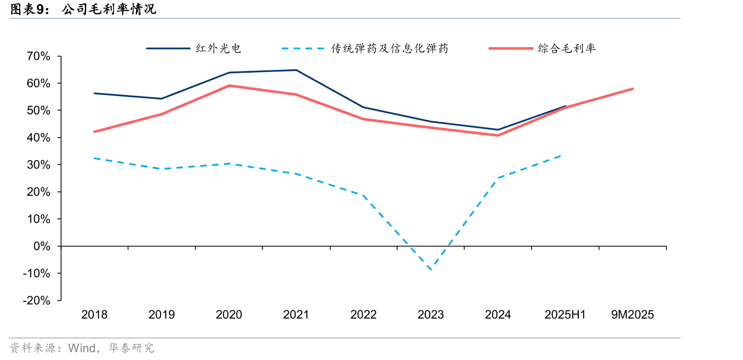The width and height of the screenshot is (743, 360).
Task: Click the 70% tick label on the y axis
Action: tap(38, 56)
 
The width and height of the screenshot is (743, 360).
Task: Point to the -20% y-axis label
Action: tap(36, 300)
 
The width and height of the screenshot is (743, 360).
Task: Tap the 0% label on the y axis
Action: tap(42, 246)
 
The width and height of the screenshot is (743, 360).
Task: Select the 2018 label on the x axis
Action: tap(94, 315)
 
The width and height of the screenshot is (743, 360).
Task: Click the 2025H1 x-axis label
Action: tap(565, 315)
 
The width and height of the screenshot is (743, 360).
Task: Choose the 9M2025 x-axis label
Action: tap(632, 315)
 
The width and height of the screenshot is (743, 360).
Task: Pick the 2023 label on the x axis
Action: tap(431, 315)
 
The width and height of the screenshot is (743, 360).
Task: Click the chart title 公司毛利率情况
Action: tap(109, 9)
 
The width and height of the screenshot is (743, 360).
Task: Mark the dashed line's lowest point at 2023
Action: tap(431, 270)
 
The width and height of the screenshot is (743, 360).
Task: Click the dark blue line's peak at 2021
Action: tap(296, 70)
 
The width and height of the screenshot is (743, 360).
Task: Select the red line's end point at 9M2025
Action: tap(632, 89)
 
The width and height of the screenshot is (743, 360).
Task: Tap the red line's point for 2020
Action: tap(229, 86)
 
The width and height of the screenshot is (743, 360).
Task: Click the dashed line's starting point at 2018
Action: tap(94, 158)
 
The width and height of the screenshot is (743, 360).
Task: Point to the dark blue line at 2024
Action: tap(498, 130)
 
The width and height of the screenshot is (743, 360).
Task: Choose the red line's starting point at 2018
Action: tap(94, 132)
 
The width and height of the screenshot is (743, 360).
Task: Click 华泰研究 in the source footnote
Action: tap(132, 348)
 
